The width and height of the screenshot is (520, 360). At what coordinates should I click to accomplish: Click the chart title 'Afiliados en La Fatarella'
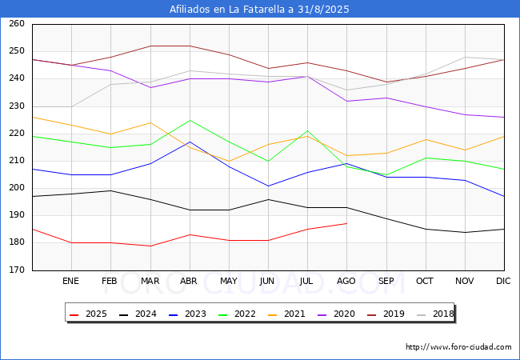coord(259,10)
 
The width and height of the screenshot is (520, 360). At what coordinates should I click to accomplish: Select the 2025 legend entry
coord(88,314)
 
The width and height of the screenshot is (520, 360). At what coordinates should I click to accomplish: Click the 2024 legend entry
coord(138,314)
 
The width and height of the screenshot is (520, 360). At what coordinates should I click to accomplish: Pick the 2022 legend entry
coord(237,314)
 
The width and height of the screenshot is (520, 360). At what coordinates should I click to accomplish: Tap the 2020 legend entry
coord(336,314)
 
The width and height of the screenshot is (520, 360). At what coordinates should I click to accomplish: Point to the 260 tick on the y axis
coord(16,24)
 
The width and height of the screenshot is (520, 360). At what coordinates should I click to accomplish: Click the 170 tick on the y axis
coord(16,270)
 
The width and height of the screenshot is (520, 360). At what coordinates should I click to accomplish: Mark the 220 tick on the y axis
coord(16,134)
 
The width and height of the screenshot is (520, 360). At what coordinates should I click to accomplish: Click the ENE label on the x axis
coord(71,282)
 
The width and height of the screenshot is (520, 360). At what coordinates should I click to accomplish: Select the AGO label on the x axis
coord(346,282)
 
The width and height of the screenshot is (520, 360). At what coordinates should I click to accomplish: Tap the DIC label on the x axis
coord(503,282)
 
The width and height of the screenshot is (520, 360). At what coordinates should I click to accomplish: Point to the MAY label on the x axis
coord(229,282)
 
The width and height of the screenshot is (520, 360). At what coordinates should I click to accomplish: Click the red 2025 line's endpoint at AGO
coord(346,223)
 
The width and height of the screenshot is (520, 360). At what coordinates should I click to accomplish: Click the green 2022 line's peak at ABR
coord(190,120)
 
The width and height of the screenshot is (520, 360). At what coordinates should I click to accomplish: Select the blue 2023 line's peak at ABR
coord(190,142)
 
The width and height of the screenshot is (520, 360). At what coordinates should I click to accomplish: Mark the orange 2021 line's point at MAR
coord(150,122)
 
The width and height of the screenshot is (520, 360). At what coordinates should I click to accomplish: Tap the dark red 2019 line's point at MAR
coord(150,46)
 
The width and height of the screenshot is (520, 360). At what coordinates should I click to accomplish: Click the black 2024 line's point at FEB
coord(111,190)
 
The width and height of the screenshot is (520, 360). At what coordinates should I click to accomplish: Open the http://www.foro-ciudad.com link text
coord(458,347)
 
